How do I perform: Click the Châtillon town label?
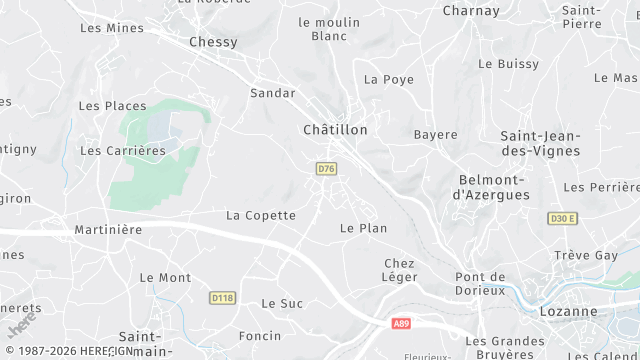(335, 130)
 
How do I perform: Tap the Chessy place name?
(213, 42)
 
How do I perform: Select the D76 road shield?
(325, 169)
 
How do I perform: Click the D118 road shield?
(221, 297)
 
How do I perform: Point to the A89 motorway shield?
(400, 323)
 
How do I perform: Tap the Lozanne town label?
(593, 311)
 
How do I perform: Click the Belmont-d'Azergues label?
(492, 187)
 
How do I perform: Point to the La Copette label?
(261, 215)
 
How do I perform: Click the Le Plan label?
(363, 228)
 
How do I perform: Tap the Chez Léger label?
(399, 270)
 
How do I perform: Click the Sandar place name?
(272, 93)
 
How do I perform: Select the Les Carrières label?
(122, 151)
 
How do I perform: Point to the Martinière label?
(108, 230)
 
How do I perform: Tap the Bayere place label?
(435, 134)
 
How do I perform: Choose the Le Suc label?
(281, 303)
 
